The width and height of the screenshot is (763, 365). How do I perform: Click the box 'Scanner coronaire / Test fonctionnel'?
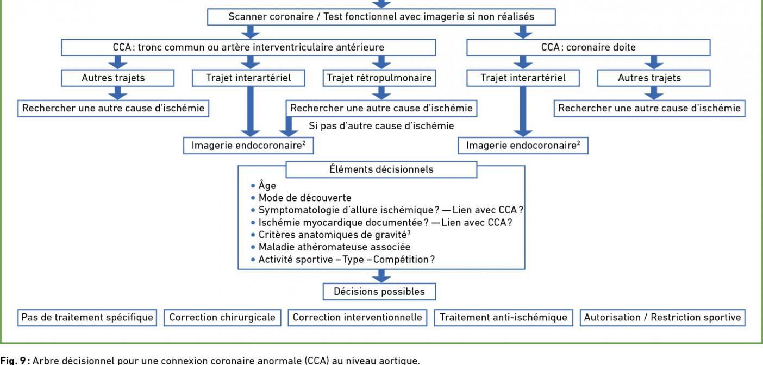[381, 17]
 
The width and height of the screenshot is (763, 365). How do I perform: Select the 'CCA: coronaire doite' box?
[588, 47]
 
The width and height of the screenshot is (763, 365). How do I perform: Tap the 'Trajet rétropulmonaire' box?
[379, 78]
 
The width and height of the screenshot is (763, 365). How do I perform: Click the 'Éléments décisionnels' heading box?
[381, 169]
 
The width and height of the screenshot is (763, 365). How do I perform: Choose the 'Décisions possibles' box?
[379, 292]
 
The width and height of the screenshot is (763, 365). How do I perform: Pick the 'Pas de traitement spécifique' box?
[87, 318]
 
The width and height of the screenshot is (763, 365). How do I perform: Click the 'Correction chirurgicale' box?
[222, 318]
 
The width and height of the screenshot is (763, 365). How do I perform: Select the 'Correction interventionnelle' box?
[357, 318]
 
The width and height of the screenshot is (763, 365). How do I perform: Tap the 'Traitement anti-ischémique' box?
[503, 318]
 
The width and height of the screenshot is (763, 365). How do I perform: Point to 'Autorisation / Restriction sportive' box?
[662, 318]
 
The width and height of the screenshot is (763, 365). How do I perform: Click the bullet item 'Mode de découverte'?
[304, 198]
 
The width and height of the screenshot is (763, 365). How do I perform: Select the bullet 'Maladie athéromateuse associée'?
[334, 247]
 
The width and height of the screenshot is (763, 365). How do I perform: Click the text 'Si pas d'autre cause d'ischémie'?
[381, 126]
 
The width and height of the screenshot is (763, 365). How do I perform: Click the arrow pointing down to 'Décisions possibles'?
[381, 276]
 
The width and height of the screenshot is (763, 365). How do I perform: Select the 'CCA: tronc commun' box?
[248, 47]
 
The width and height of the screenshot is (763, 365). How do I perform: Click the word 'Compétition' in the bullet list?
[401, 260]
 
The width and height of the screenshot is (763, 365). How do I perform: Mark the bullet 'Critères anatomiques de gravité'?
[334, 235]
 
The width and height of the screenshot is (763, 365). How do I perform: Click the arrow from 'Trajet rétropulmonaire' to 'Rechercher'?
[381, 93]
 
